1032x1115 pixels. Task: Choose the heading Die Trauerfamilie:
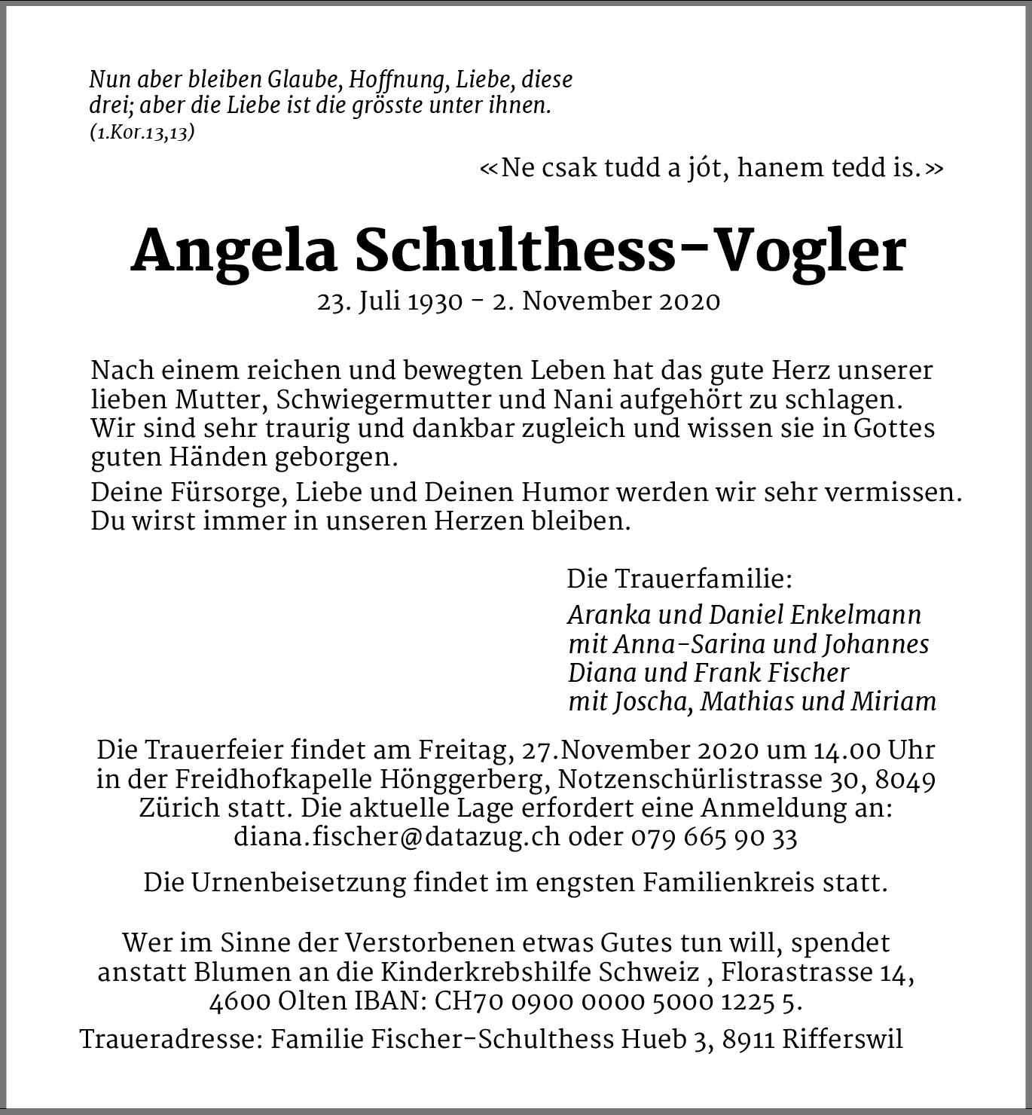(x=679, y=579)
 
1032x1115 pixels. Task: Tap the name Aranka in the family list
(x=609, y=615)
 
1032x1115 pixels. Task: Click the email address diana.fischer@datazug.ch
(x=397, y=837)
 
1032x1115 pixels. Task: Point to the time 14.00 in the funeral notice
(x=846, y=750)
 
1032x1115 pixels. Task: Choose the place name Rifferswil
(x=842, y=1040)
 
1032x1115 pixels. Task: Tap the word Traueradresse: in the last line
(x=171, y=1040)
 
